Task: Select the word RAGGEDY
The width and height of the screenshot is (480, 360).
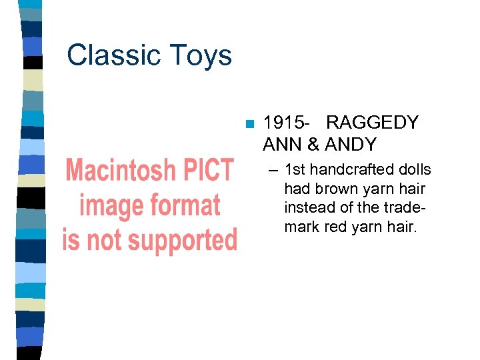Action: click(x=372, y=123)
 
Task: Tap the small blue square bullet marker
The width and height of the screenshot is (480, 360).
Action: click(x=249, y=124)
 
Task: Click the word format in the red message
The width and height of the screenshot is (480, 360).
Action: click(x=187, y=206)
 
